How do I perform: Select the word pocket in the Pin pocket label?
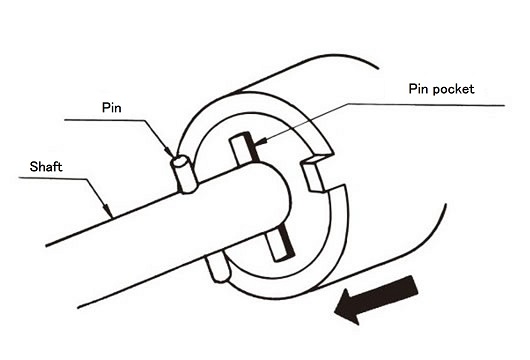(x=454, y=89)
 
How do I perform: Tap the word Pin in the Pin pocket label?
(x=418, y=89)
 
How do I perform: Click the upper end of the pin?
(x=180, y=161)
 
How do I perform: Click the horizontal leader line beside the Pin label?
(x=100, y=120)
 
